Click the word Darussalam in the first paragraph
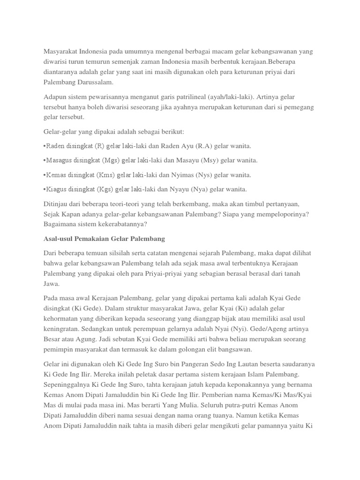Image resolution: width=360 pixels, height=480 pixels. [92, 82]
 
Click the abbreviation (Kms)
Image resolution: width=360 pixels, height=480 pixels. [107, 175]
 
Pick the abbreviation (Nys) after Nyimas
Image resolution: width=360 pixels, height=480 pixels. [205, 175]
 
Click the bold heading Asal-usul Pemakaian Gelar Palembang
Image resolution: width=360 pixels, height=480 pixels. [104, 239]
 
